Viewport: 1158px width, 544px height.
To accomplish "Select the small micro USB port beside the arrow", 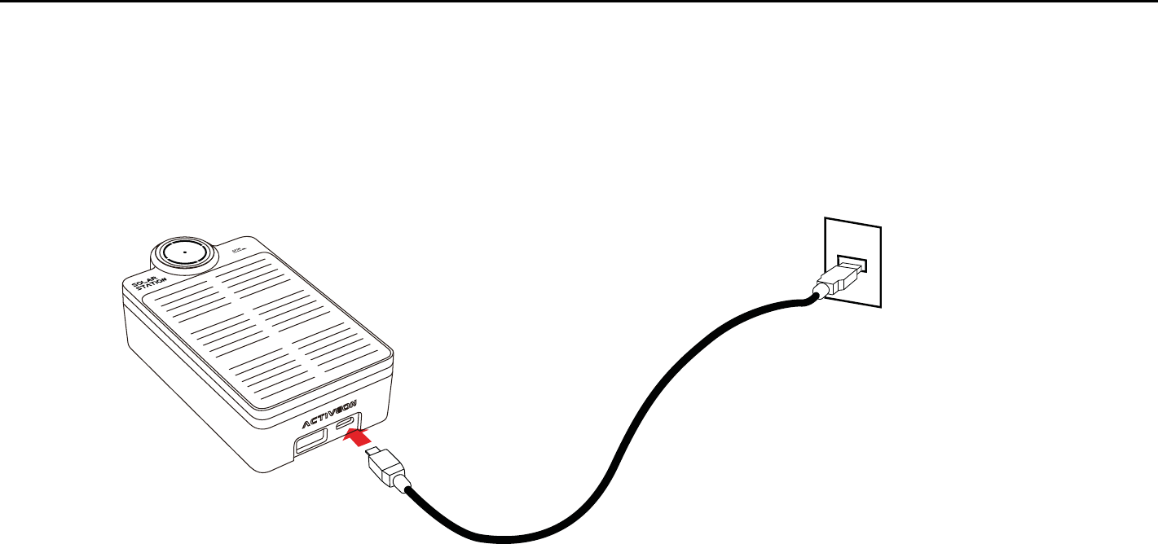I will (x=347, y=421).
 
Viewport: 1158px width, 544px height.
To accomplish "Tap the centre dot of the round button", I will (x=184, y=252).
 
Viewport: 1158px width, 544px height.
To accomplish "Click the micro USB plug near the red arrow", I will (x=385, y=471).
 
